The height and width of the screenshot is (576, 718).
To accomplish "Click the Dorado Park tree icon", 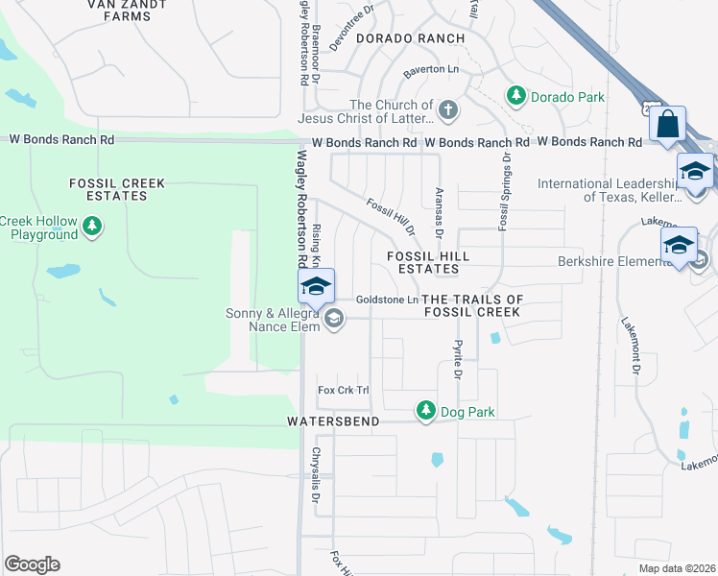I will [x=516, y=96].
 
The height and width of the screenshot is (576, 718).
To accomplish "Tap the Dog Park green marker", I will [x=425, y=411].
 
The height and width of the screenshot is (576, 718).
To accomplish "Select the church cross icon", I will [x=448, y=111].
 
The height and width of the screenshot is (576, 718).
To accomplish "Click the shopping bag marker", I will [x=667, y=125].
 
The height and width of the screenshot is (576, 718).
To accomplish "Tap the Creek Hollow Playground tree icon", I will [x=92, y=228].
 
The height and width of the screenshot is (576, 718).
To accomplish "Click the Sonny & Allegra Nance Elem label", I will [x=272, y=320].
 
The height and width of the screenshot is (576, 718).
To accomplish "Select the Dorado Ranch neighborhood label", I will [x=410, y=38].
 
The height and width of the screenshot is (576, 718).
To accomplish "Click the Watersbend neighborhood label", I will [x=333, y=421].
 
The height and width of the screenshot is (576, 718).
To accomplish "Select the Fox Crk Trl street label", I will [x=344, y=390].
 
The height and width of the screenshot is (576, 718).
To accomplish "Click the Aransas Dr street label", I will [x=440, y=213].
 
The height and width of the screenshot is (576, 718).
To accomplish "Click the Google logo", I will [x=32, y=564].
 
